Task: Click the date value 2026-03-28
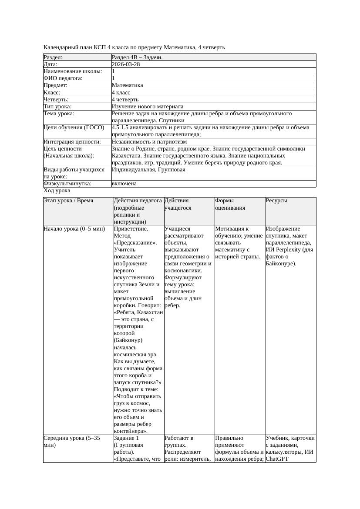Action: point(126,64)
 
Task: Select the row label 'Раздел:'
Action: point(53,57)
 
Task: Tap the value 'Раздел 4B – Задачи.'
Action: point(137,57)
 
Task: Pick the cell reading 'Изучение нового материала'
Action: point(148,107)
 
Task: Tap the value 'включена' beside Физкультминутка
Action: point(124,184)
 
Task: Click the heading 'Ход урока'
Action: point(57,191)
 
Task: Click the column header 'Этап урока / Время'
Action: point(68,201)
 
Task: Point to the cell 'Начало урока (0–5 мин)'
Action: point(74,229)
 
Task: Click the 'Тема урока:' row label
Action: point(59,114)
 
